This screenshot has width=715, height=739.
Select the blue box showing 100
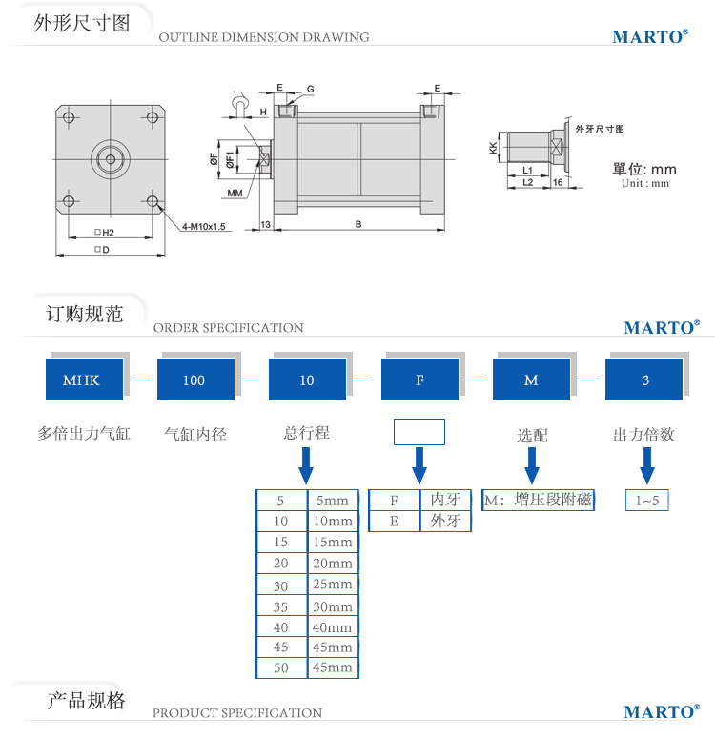point(194,380)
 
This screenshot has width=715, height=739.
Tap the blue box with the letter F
point(419,380)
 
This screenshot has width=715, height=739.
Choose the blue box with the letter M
point(531,380)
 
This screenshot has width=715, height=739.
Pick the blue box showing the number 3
point(644,380)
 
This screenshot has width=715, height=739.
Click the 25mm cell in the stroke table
point(332,585)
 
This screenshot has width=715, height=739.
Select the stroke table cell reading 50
point(280,667)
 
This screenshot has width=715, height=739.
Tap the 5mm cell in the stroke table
point(332,501)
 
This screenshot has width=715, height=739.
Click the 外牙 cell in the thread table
point(445,521)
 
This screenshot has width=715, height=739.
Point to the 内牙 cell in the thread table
point(445,500)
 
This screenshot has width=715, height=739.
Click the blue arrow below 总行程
point(306,465)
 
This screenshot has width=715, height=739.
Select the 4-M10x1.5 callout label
point(204,227)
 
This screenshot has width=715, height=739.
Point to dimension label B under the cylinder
point(357,225)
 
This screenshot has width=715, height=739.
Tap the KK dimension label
point(493,148)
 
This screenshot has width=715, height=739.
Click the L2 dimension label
point(527,180)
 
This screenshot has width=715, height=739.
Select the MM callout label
point(235,193)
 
